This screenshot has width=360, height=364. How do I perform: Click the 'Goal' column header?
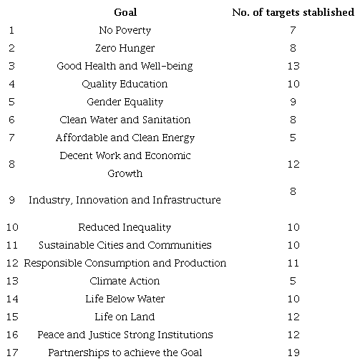tap(125, 13)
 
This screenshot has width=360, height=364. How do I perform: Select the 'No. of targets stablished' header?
tap(293, 13)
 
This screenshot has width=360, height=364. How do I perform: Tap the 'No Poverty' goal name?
tap(125, 31)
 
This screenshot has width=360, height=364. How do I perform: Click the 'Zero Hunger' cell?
tap(125, 49)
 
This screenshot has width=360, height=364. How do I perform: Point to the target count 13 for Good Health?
tap(293, 67)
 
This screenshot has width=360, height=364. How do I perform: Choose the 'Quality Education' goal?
tap(125, 85)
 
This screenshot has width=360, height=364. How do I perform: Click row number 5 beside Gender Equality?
tap(11, 102)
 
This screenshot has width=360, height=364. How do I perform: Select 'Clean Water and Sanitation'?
tap(125, 120)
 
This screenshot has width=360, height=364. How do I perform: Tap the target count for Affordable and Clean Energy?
tap(293, 138)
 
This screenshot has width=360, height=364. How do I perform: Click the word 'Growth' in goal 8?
tap(125, 174)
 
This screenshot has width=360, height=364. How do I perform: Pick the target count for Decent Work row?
tap(293, 165)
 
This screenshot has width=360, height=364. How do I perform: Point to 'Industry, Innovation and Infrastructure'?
tap(125, 201)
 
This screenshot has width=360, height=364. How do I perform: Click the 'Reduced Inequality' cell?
tap(125, 228)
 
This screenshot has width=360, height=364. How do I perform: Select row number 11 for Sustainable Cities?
tap(11, 246)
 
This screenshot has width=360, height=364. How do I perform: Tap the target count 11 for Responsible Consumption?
tap(293, 264)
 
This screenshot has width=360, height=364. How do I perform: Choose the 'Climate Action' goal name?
tap(125, 282)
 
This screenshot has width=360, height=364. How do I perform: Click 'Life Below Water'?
tap(125, 300)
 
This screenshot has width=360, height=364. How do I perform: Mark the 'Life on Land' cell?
tap(125, 317)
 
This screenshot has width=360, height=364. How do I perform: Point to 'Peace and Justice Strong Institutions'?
tap(125, 335)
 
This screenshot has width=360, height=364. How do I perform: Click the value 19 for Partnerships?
tap(293, 353)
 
